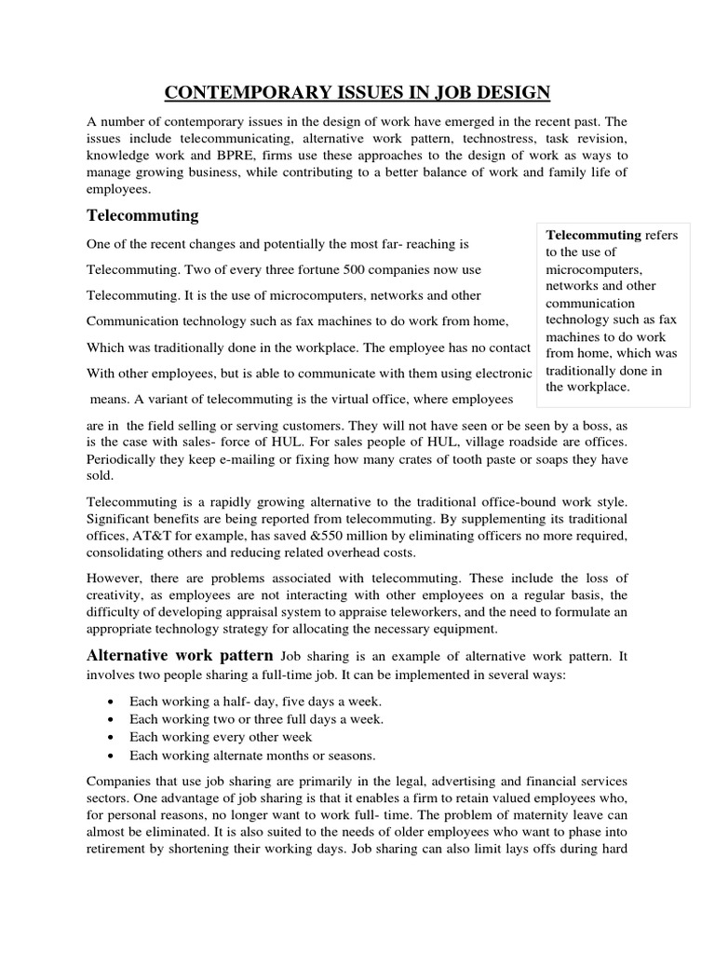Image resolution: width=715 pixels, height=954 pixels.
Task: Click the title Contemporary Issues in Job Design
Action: point(357,91)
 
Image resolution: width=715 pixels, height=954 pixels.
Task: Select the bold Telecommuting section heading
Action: point(142,215)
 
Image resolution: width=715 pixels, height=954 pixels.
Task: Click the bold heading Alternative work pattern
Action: point(180,655)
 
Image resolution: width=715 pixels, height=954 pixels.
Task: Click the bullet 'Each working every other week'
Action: point(221,737)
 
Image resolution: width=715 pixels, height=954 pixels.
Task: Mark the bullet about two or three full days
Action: point(243,719)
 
